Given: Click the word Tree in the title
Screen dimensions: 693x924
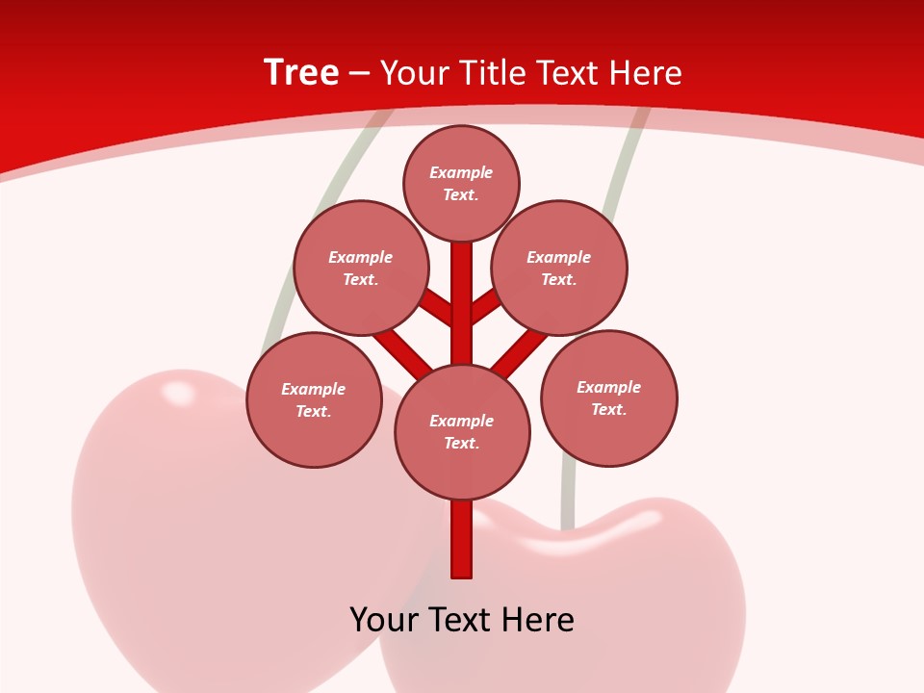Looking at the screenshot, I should pyautogui.click(x=301, y=72).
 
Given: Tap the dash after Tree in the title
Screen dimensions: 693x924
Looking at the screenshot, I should pyautogui.click(x=359, y=73).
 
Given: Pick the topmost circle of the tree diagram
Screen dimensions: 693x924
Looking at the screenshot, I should pyautogui.click(x=461, y=183).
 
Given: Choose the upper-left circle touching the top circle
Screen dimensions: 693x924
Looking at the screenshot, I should pyautogui.click(x=361, y=268).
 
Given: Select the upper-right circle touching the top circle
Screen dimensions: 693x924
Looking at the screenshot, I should pyautogui.click(x=559, y=268).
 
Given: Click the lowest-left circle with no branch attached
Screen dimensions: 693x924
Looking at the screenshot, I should pyautogui.click(x=314, y=399).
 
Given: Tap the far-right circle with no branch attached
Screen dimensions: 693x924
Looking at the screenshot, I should pyautogui.click(x=608, y=398).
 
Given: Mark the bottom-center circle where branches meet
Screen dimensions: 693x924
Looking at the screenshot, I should pyautogui.click(x=462, y=431).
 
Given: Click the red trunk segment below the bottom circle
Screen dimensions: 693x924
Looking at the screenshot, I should pyautogui.click(x=462, y=539).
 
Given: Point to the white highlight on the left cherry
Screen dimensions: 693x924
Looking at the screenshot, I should pyautogui.click(x=178, y=392).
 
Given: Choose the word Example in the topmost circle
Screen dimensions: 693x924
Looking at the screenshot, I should pyautogui.click(x=461, y=172).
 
